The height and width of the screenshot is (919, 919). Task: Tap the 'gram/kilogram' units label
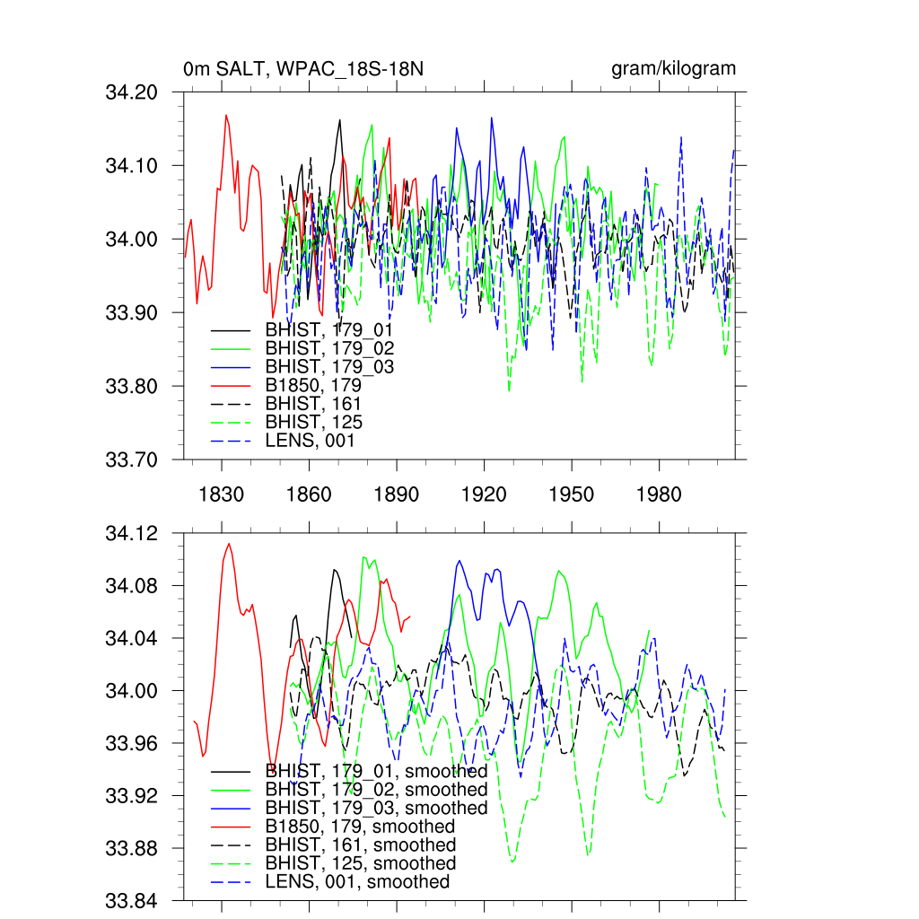674,69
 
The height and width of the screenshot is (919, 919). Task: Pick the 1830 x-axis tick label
222,495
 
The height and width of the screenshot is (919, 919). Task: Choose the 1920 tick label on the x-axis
484,495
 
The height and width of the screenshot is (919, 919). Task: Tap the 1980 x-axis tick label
659,495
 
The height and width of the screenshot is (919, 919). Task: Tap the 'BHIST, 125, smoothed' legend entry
361,863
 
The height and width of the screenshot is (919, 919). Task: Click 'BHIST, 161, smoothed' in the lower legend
361,845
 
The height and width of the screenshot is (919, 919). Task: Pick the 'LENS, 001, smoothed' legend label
357,882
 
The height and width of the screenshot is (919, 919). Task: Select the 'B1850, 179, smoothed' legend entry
360,827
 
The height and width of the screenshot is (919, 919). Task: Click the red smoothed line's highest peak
229,544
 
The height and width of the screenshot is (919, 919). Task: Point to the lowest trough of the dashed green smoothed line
512,861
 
